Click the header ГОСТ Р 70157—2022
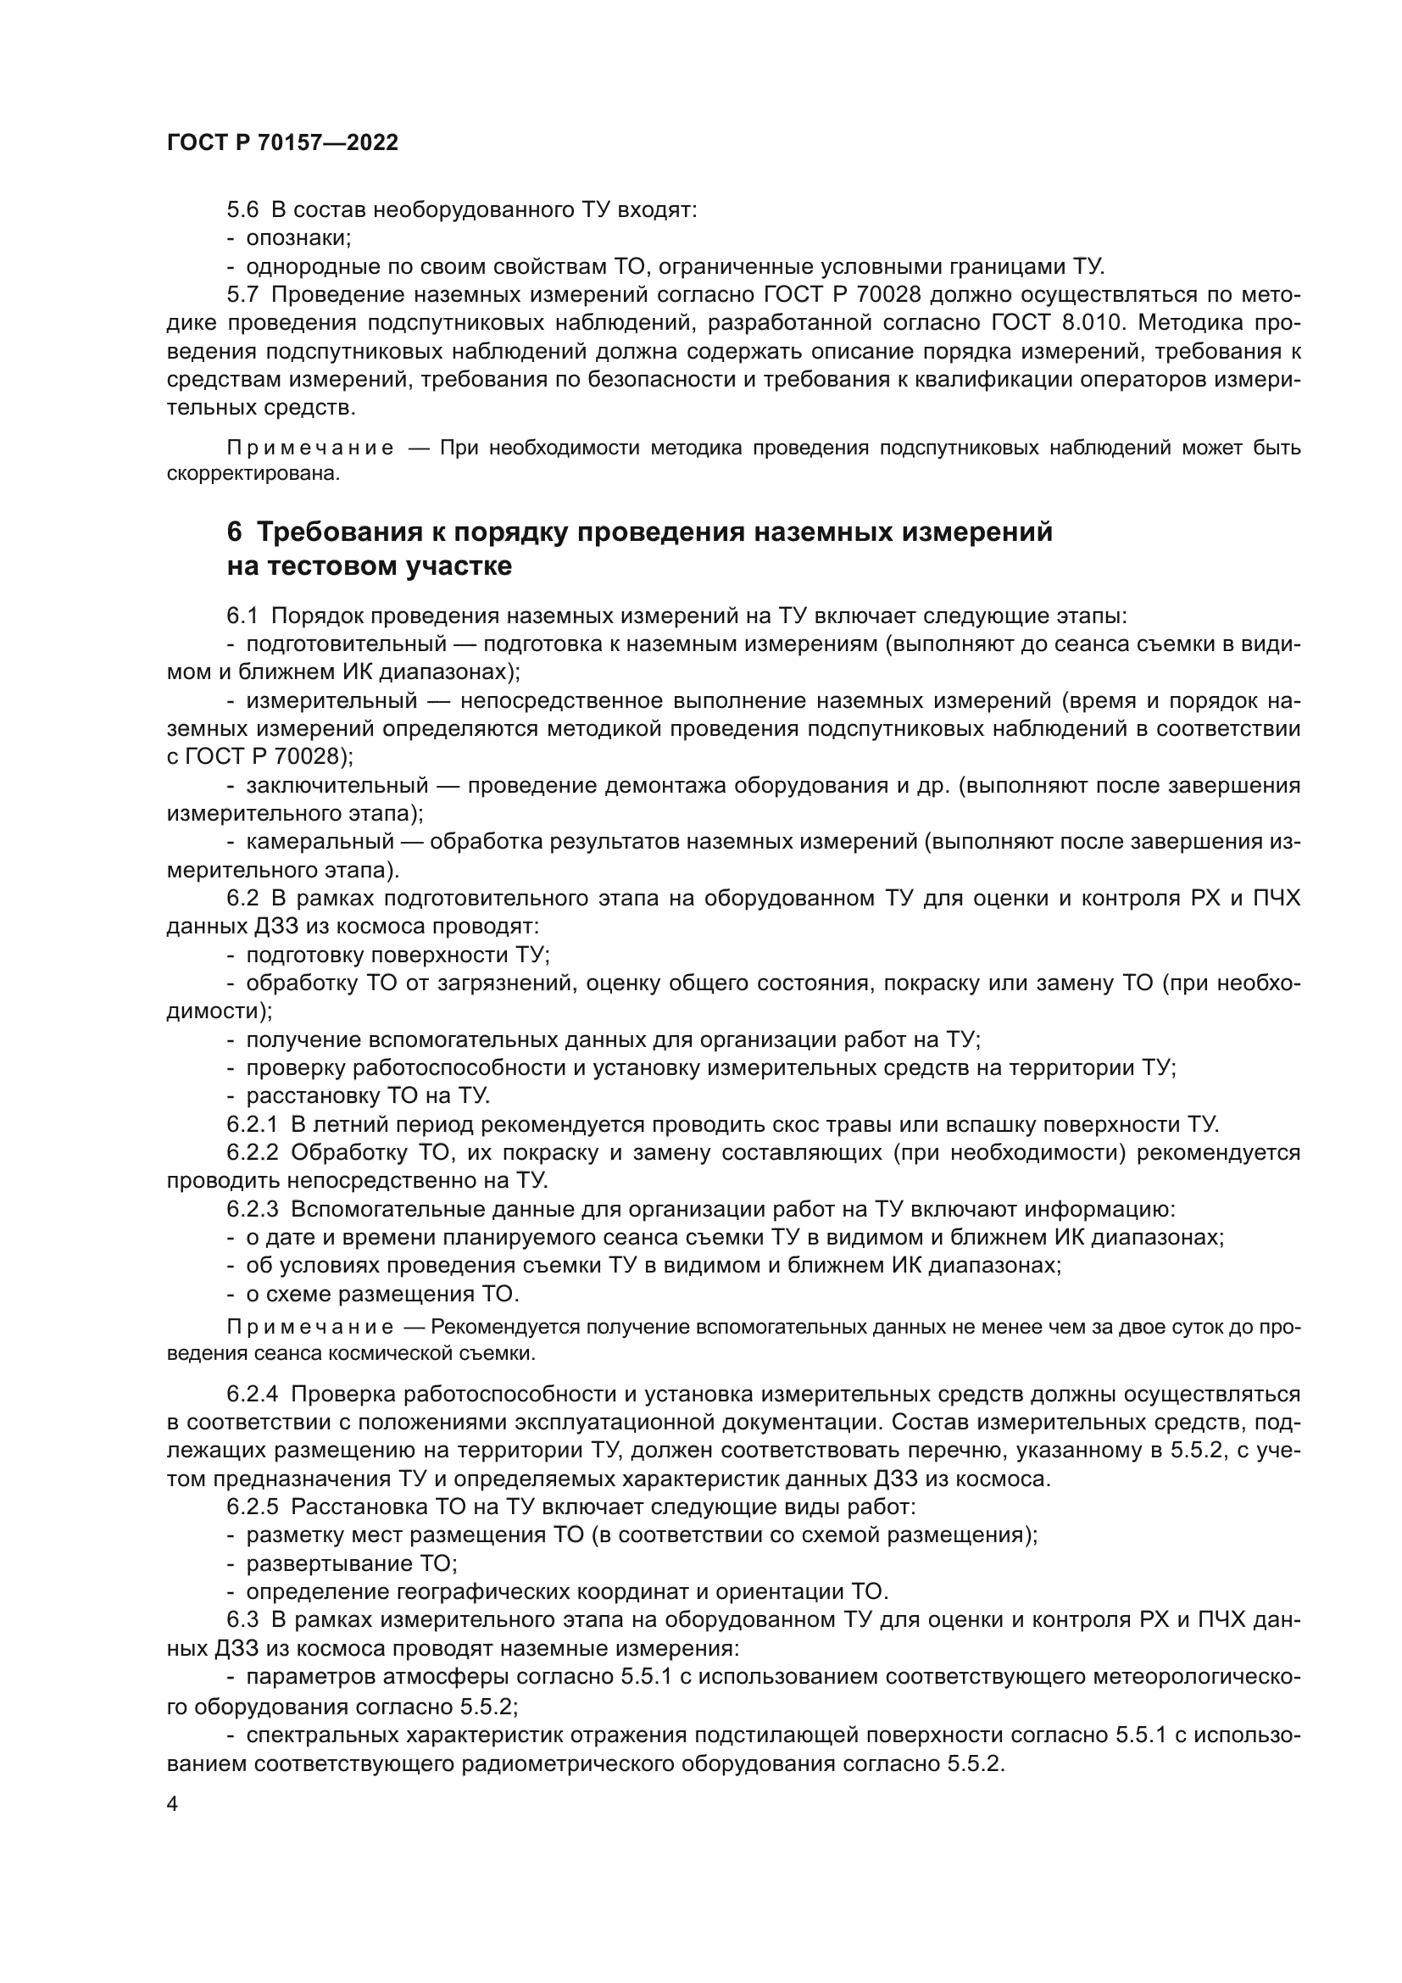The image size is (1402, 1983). [x=282, y=143]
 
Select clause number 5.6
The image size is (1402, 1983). [x=242, y=210]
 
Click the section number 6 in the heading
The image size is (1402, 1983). [x=235, y=532]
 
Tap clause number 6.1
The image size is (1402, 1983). [x=242, y=616]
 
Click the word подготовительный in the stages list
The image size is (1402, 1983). [x=346, y=644]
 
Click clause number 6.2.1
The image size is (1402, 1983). [x=252, y=1124]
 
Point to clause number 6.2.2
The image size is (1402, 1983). [x=252, y=1153]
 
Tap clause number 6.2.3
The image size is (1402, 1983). [x=252, y=1209]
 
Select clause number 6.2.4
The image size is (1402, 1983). [x=252, y=1394]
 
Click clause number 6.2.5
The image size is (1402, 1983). [x=252, y=1507]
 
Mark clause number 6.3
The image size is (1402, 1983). [x=242, y=1619]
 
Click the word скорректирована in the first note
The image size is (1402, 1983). [x=253, y=474]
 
